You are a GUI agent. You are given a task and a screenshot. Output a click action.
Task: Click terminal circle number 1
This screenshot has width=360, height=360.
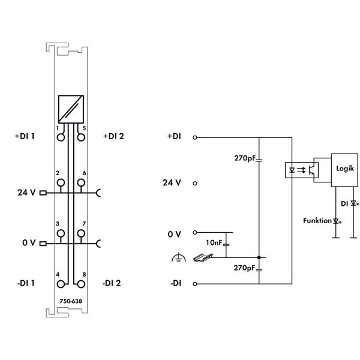click(61, 137)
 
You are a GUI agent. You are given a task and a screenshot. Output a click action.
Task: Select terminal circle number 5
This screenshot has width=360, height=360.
click(81, 137)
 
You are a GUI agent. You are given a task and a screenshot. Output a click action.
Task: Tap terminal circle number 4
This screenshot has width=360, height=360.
click(61, 284)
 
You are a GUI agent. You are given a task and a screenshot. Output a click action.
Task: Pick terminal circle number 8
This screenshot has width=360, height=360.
click(81, 284)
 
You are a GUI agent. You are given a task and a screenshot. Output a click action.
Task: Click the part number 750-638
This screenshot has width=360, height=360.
click(71, 301)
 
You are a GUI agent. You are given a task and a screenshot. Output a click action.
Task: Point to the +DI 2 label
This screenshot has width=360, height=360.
click(113, 136)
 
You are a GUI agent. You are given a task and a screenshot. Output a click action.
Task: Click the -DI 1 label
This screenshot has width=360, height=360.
click(26, 283)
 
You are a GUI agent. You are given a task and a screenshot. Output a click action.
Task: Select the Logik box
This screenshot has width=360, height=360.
click(344, 170)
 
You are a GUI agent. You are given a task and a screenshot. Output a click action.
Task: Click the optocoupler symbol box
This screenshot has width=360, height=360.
click(302, 170)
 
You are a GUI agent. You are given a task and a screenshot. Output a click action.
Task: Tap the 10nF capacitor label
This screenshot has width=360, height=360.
click(214, 242)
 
